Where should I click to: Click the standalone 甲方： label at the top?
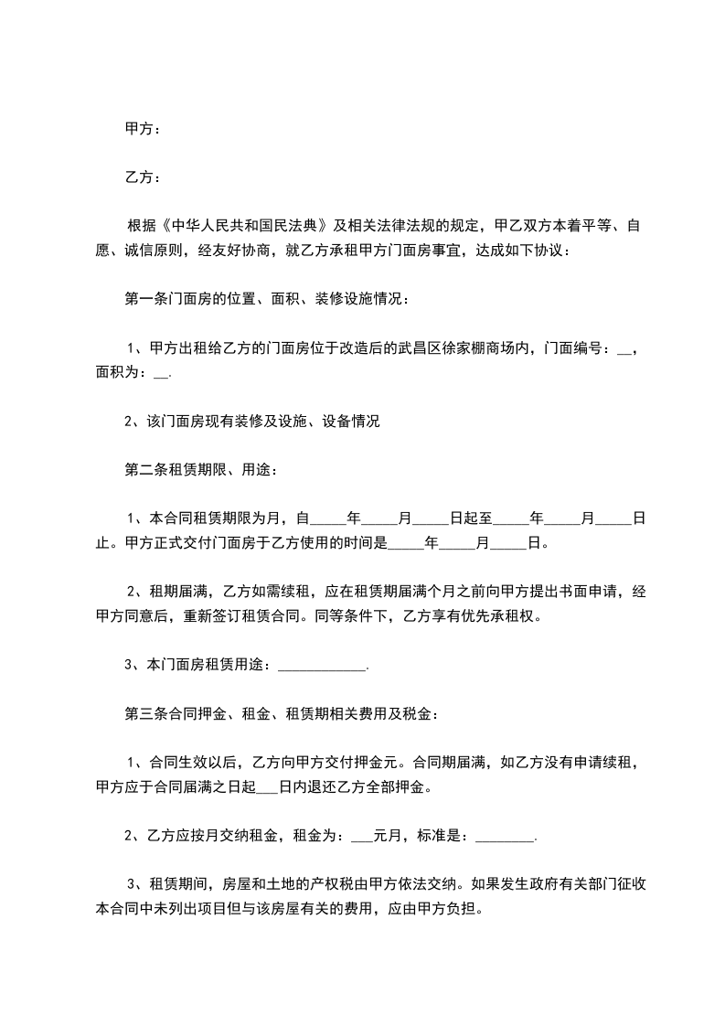tap(143, 130)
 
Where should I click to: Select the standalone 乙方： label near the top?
tap(143, 177)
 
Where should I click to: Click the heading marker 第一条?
tap(146, 298)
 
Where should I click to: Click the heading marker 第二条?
tap(146, 470)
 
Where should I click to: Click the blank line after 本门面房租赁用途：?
tap(321, 667)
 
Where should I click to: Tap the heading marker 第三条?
tap(146, 713)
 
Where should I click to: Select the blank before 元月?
tap(361, 837)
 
